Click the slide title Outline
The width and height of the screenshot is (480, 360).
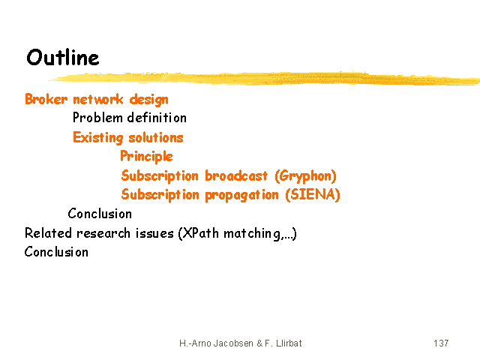(63, 57)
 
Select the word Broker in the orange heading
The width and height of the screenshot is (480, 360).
(46, 99)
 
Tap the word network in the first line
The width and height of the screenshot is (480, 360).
(98, 99)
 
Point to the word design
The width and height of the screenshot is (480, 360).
(148, 100)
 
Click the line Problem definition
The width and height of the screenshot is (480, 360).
(130, 118)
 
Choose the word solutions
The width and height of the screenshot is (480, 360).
(156, 138)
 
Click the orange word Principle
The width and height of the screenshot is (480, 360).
(146, 157)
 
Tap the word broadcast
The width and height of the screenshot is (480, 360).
(236, 175)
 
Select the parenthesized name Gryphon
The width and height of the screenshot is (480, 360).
(305, 176)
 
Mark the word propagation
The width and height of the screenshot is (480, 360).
(241, 195)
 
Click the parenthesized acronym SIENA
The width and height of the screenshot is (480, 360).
(313, 195)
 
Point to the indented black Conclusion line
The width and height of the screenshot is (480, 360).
(100, 214)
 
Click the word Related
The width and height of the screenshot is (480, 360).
(48, 233)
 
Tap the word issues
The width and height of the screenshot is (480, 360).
(154, 233)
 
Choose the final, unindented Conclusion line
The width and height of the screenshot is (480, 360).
(56, 252)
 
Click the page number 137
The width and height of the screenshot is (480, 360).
(441, 343)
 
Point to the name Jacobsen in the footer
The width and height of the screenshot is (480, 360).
(233, 343)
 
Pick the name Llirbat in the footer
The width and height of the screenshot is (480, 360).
(289, 343)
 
